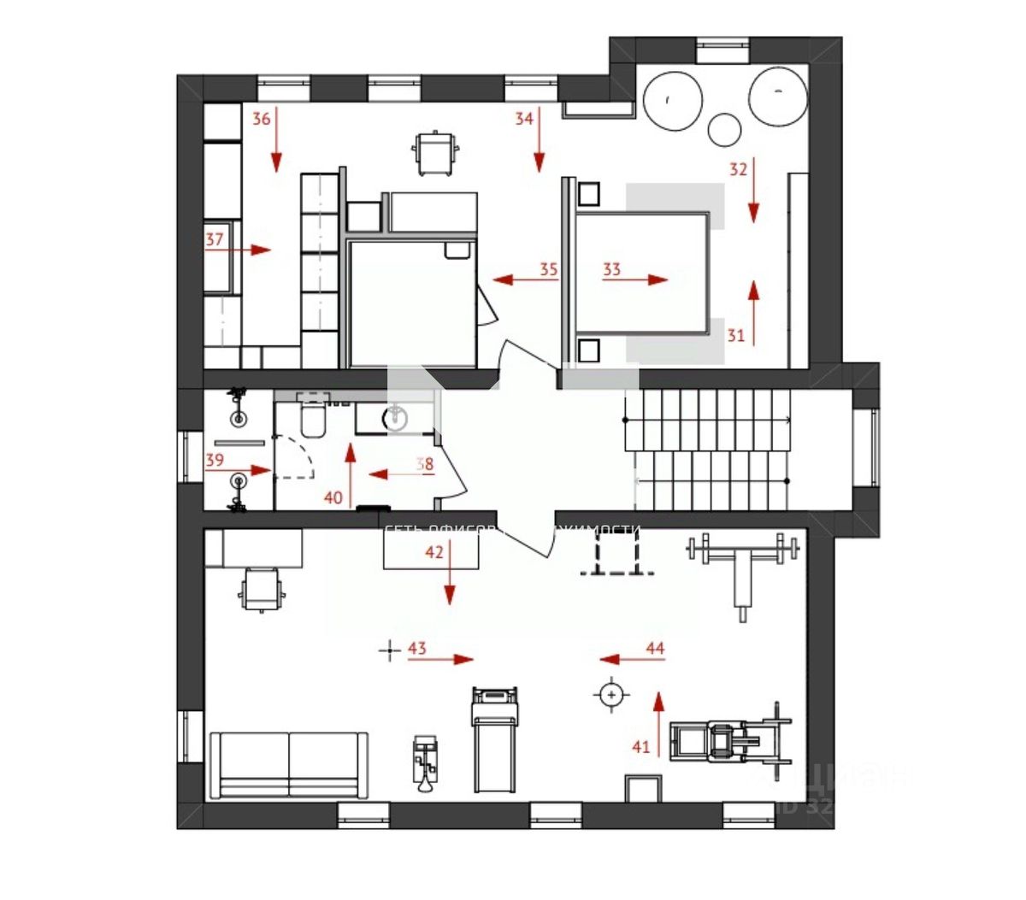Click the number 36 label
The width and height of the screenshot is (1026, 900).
[261, 119]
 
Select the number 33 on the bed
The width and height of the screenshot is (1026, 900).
[611, 270]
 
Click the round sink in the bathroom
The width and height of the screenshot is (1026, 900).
[397, 417]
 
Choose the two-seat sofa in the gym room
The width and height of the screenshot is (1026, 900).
[289, 764]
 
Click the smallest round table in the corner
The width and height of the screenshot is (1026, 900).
[725, 129]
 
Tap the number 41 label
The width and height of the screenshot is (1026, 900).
[641, 747]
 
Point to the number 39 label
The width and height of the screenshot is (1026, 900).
[215, 460]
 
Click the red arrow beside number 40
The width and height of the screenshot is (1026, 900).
[350, 474]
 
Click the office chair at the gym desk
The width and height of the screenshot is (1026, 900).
[262, 590]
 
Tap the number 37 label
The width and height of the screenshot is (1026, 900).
[214, 239]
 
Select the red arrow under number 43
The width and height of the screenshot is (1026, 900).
[440, 660]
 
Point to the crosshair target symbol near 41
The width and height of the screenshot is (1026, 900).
[610, 695]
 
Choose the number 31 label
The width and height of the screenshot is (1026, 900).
[736, 334]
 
